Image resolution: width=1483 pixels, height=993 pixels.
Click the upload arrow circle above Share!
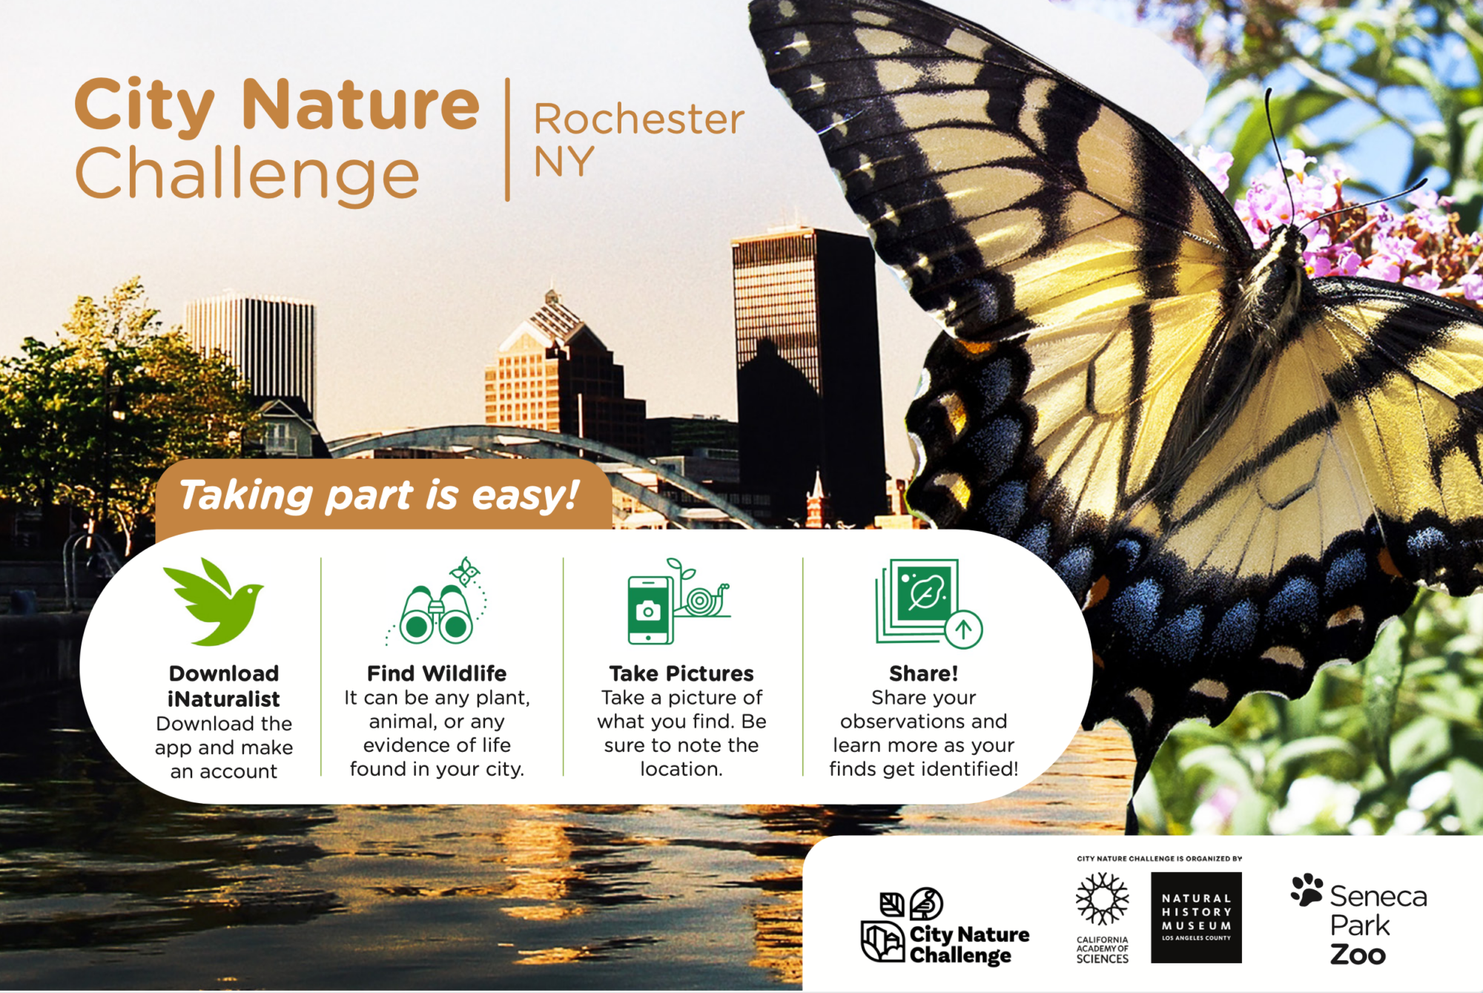pos(963,630)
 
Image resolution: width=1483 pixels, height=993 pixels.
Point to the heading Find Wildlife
pos(437,673)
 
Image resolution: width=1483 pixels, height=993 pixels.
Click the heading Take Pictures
pos(681,673)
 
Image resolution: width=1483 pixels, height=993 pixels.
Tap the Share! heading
pos(923,673)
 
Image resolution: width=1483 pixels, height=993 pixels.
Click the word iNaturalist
pos(223,699)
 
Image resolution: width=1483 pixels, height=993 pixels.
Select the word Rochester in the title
pos(638,119)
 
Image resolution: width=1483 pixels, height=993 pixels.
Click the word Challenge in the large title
pos(247,174)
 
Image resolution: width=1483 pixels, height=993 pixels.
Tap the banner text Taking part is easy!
pos(378,495)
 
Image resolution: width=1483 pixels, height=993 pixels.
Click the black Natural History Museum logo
pos(1196,917)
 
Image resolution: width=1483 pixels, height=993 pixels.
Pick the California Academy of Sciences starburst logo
pos(1102,899)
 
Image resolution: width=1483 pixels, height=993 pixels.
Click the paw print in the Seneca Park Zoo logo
pos(1307,889)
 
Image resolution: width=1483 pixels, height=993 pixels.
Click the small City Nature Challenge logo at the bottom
pos(945,927)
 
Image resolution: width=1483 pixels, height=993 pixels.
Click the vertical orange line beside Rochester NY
pos(507,139)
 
